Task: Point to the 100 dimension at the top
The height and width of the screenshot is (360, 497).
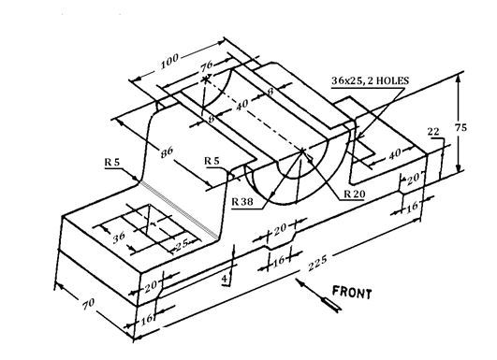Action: tap(169, 63)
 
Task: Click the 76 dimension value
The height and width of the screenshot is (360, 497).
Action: tap(207, 67)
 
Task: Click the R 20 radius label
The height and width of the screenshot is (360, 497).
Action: tap(354, 194)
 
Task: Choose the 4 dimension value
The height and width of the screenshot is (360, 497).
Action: tap(225, 279)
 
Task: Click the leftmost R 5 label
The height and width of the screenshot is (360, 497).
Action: tap(112, 162)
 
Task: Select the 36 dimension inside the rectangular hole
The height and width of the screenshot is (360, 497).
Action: tap(118, 237)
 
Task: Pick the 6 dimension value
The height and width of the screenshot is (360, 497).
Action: tap(212, 119)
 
